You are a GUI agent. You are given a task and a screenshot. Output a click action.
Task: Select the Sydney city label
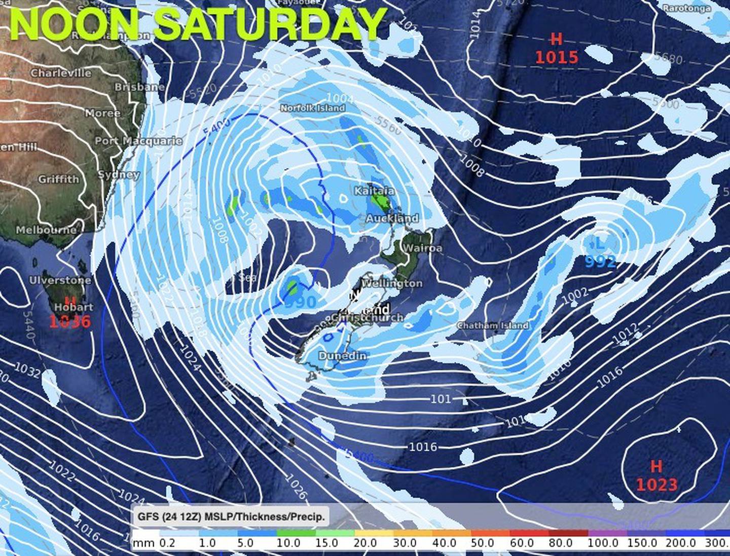point(118,175)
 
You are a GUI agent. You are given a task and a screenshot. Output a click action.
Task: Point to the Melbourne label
point(46,230)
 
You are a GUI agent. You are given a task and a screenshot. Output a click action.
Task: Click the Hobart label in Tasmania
point(74,307)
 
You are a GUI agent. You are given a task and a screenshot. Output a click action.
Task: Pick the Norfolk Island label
point(312,108)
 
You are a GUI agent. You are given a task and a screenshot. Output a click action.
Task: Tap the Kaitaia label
point(374,191)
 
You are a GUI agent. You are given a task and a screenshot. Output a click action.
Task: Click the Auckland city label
point(392,218)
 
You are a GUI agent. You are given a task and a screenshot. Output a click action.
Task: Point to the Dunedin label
point(342,356)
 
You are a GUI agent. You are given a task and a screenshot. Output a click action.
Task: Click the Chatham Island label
point(493,325)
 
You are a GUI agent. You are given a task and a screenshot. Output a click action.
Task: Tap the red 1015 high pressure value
point(556,57)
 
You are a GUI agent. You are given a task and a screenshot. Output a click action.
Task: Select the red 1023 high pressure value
point(656,485)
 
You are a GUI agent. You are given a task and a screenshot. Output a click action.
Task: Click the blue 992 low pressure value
point(600,262)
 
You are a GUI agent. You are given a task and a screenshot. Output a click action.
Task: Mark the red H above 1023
point(656,466)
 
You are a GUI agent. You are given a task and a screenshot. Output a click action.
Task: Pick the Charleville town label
point(61,73)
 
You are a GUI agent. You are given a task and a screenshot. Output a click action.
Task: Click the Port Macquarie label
point(138,141)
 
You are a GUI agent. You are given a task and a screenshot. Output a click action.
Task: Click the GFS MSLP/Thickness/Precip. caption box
point(231,517)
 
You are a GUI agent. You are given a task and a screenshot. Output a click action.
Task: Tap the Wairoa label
point(422,248)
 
